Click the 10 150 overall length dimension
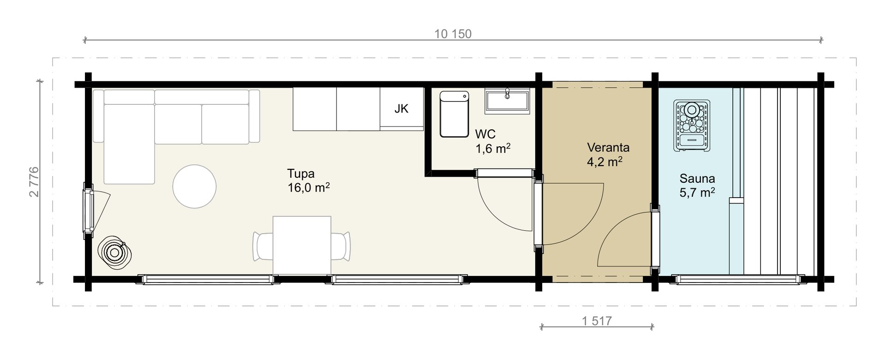pyautogui.click(x=453, y=34)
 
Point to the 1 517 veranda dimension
pyautogui.click(x=597, y=321)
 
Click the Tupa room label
pyautogui.click(x=301, y=174)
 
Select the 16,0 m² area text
pyautogui.click(x=308, y=188)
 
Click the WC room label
pyautogui.click(x=485, y=134)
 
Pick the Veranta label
pyautogui.click(x=608, y=148)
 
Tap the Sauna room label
pyautogui.click(x=697, y=179)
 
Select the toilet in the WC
pyautogui.click(x=454, y=114)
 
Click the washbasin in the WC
pyautogui.click(x=507, y=101)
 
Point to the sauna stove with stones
pyautogui.click(x=692, y=125)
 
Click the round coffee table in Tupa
pyautogui.click(x=194, y=187)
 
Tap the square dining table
pyautogui.click(x=302, y=245)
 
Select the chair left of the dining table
pyautogui.click(x=263, y=247)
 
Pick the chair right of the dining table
pyautogui.click(x=341, y=247)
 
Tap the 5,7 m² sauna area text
pyautogui.click(x=697, y=193)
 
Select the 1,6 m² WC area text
pyautogui.click(x=493, y=149)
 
